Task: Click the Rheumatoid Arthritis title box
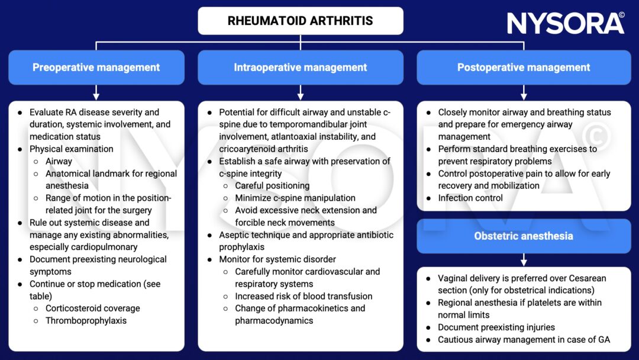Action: pos(300,21)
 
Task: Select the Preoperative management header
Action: pos(96,67)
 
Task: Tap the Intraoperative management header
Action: pos(300,67)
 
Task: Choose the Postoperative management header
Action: pos(524,67)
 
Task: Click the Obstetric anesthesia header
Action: pos(524,236)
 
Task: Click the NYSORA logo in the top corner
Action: pos(566,23)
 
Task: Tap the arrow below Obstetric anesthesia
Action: pos(524,260)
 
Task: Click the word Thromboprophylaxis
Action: pos(86,321)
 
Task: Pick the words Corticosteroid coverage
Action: pos(93,308)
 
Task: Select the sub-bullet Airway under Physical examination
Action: pos(59,161)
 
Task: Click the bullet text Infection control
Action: pos(470,198)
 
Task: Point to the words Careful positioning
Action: pos(272,185)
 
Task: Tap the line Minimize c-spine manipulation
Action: pos(295,198)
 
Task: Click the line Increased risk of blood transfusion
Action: pos(304,296)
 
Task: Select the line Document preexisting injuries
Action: pos(496,327)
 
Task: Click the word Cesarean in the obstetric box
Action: pos(583,278)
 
